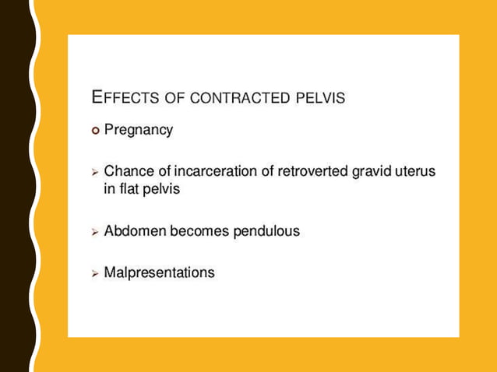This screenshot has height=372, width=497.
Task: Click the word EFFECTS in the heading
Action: tap(125, 98)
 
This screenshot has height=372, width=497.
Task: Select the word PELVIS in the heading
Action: tap(321, 99)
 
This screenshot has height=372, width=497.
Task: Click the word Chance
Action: tap(128, 171)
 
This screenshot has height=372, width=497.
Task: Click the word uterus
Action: tap(415, 171)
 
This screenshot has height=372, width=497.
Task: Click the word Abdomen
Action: tap(132, 232)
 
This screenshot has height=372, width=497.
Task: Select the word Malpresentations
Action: tap(159, 273)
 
